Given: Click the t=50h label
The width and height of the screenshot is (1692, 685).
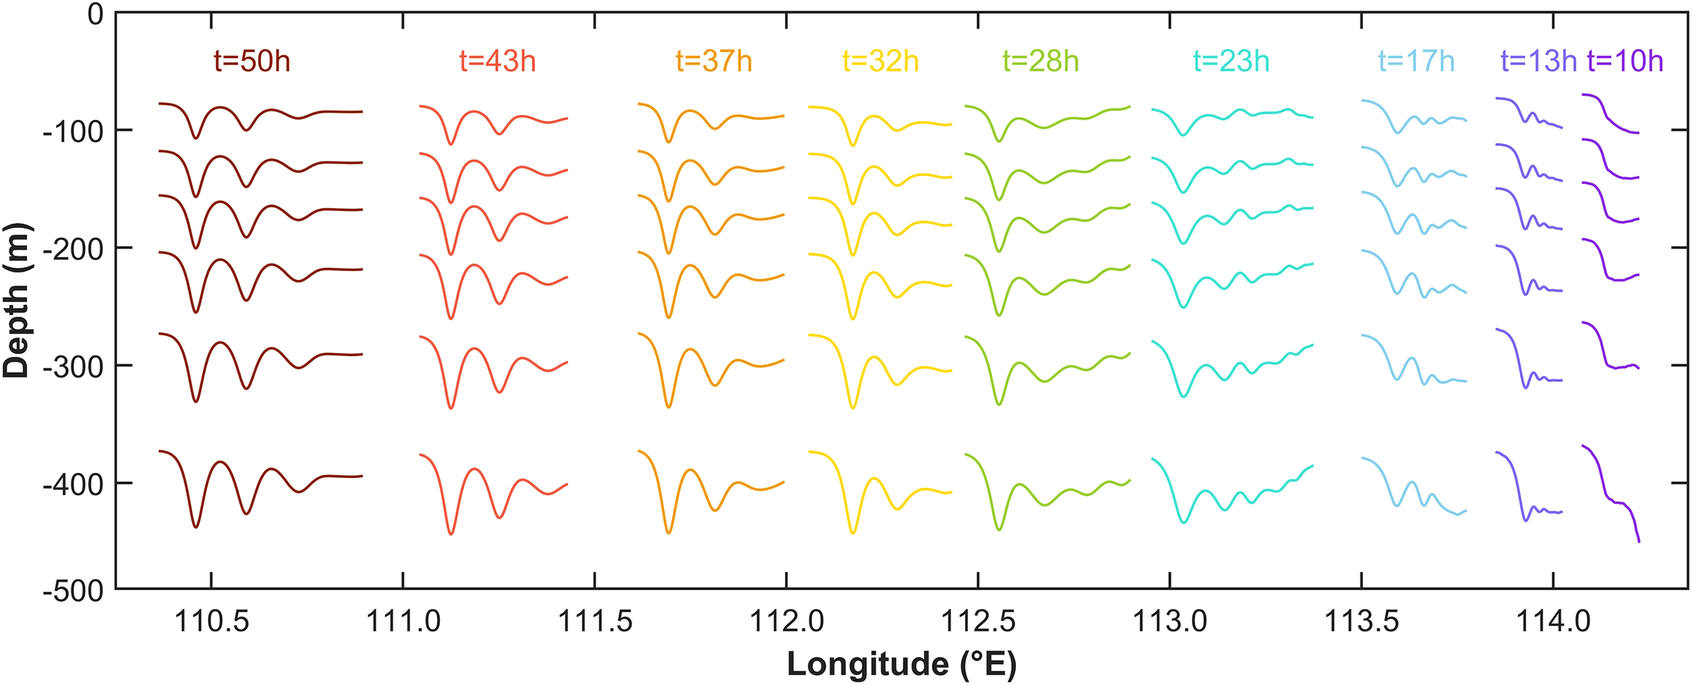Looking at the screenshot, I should click(x=252, y=62).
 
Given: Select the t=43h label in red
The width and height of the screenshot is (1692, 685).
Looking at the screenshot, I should click(x=497, y=62).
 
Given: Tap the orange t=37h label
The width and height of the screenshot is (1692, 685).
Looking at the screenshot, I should click(x=714, y=62).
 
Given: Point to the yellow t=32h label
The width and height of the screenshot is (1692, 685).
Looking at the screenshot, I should click(x=881, y=62).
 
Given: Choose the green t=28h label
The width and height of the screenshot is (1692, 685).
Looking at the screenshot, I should click(x=1041, y=62).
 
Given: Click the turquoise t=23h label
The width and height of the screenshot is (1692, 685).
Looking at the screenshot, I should click(x=1231, y=62).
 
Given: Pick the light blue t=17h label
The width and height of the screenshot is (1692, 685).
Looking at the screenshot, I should click(x=1417, y=62).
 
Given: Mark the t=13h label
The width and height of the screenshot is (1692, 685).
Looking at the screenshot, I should click(x=1538, y=62).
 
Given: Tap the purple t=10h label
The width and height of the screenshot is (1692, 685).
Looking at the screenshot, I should click(x=1625, y=62).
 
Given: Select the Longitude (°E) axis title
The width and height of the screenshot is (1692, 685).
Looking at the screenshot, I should click(x=901, y=665).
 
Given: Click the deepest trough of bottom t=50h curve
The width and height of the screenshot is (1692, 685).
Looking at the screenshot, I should click(x=196, y=527).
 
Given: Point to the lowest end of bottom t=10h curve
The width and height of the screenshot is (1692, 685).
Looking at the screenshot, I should click(x=1639, y=541).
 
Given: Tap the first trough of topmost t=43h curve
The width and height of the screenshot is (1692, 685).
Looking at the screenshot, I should click(x=451, y=144).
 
